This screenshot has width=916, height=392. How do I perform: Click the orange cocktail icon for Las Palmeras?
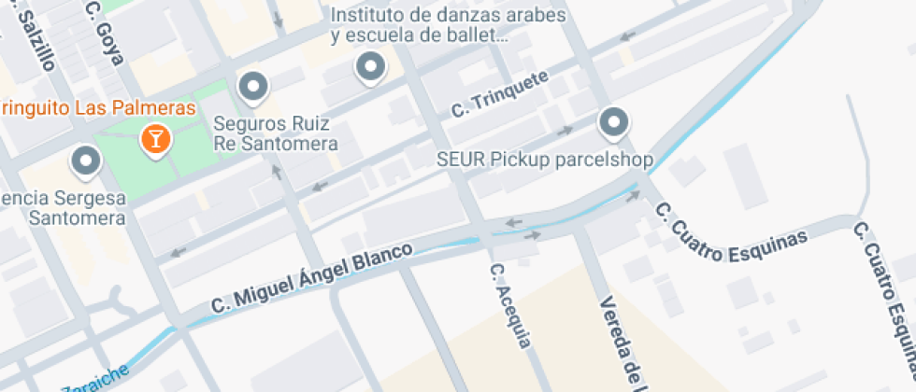tap(155, 140)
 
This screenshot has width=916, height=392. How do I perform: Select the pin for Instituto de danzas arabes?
tap(371, 66)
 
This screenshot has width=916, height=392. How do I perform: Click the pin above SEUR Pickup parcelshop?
tap(613, 121)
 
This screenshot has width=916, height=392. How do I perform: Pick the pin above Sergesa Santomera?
tap(86, 161)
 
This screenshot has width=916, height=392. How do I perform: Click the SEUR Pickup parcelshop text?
tap(545, 159)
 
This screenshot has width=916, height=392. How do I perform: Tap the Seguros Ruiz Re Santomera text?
tap(276, 133)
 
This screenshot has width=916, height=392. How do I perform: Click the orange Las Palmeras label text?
tap(97, 107)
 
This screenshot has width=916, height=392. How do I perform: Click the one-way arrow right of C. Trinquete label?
tap(565, 132)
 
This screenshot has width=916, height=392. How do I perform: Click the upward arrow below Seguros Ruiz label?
tap(276, 171)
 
